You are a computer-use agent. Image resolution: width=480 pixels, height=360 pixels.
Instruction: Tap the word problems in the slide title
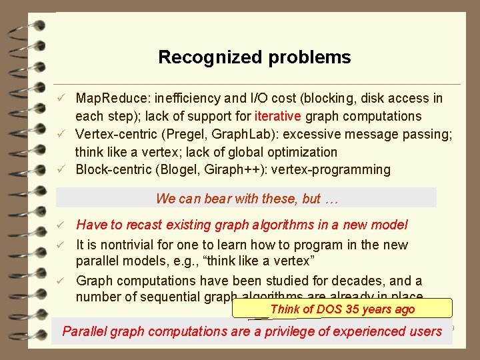[309, 57]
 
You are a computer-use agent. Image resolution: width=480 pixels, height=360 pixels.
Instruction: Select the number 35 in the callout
[353, 309]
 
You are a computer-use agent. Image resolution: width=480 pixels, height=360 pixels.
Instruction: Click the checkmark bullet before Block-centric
[60, 170]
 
